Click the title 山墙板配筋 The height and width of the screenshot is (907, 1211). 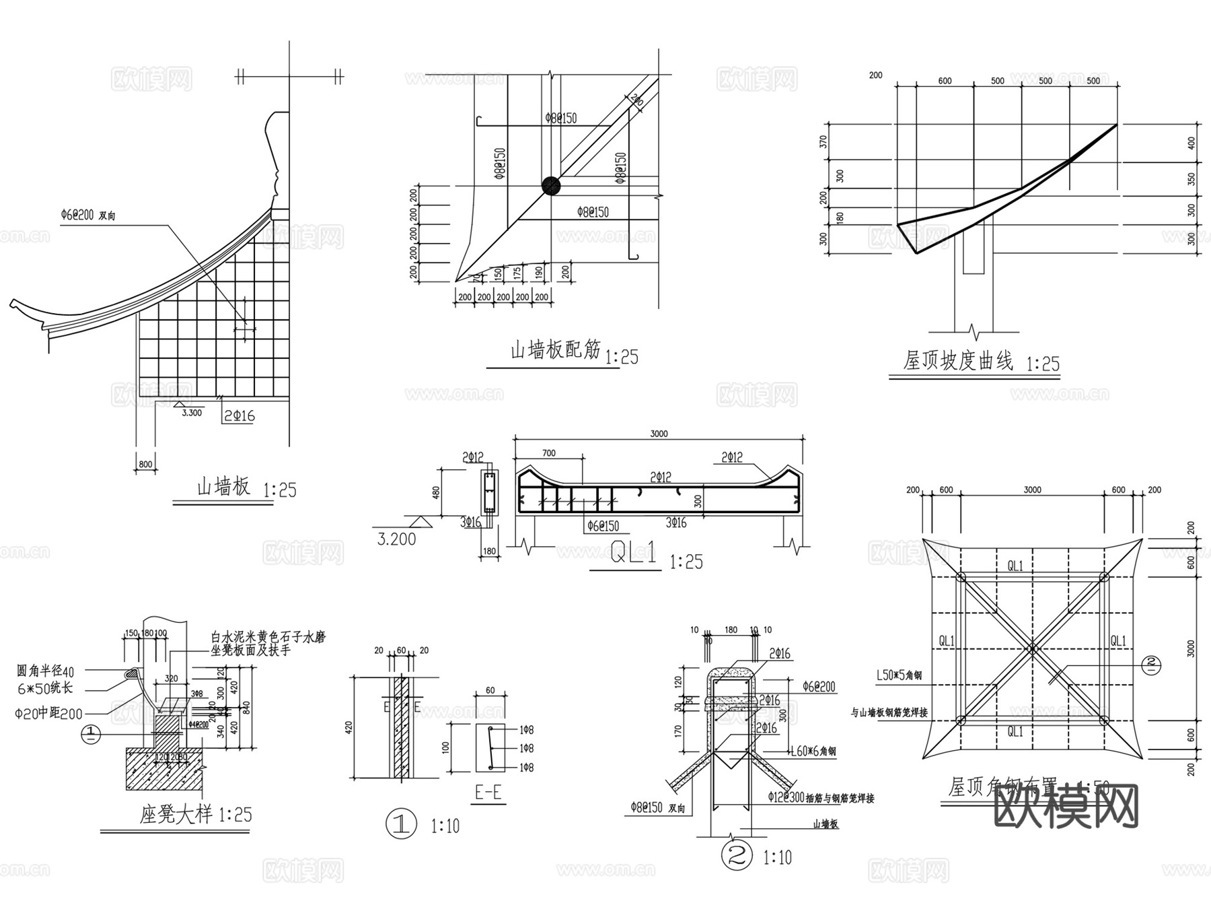pos(555,350)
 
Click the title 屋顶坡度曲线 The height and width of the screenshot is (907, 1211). pos(957,361)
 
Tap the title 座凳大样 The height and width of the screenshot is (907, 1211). pos(176,814)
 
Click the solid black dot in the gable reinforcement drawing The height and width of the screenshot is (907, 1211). pos(551,186)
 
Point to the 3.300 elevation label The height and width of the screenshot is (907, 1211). pos(192,413)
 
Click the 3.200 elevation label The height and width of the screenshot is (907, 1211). pos(397,539)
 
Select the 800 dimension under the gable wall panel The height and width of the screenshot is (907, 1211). pos(145,464)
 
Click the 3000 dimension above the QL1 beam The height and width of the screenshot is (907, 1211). pos(659,434)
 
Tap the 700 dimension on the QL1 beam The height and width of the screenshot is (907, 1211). pos(549,453)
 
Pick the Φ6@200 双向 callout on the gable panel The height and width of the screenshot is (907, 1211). pos(88,215)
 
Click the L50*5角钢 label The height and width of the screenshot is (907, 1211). pos(899,675)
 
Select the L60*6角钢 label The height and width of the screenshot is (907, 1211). pos(813,751)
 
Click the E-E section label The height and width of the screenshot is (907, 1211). pos(488,792)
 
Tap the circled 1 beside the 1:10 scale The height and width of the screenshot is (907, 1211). pos(401,825)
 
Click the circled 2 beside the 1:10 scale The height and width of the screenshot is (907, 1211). pos(737,856)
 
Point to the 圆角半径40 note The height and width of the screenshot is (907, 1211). pos(46,671)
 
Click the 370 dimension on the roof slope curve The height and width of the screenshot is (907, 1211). pos(823,142)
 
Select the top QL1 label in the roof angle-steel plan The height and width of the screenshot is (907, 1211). pos(1015,566)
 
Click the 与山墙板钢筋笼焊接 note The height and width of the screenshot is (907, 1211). pos(889,712)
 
